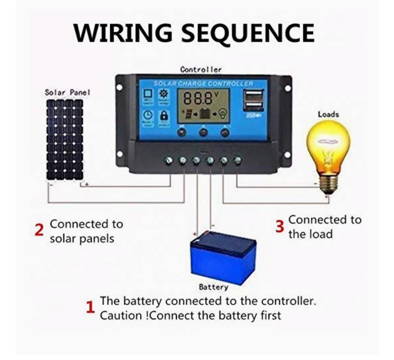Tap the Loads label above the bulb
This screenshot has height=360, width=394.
point(328,114)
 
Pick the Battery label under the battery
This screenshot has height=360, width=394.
point(213,287)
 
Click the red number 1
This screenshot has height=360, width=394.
point(90,308)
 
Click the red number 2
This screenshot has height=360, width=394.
point(39,230)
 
